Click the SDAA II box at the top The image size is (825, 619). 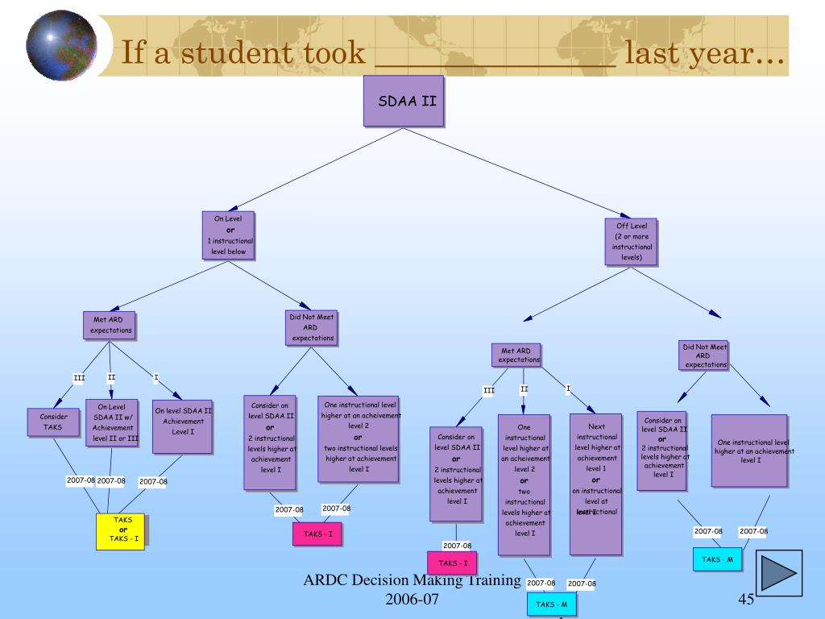click(404, 102)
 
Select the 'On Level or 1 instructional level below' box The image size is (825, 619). click(229, 236)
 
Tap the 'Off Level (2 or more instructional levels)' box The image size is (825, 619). click(632, 242)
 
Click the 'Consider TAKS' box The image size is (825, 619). click(53, 422)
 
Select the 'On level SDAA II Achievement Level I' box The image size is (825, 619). click(183, 426)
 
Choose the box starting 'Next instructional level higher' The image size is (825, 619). click(596, 484)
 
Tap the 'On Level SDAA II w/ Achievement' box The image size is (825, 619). click(113, 422)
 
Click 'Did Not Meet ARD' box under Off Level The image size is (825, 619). click(705, 356)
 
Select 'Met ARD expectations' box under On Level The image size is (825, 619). click(109, 325)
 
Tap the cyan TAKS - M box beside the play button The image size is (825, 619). click(717, 559)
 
